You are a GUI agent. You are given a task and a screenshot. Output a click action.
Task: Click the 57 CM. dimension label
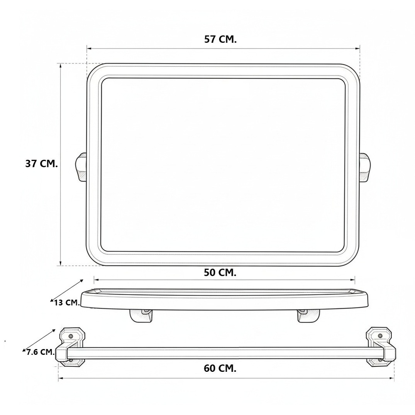pyautogui.click(x=220, y=39)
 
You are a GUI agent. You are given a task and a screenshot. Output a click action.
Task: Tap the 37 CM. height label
pyautogui.click(x=41, y=164)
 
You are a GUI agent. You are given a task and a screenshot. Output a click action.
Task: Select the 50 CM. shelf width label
pyautogui.click(x=220, y=273)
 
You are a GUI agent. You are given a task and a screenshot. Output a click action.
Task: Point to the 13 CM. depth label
pyautogui.click(x=67, y=303)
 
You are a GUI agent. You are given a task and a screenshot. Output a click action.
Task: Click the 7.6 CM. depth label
pyautogui.click(x=40, y=352)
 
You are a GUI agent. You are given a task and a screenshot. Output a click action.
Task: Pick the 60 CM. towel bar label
pyautogui.click(x=220, y=368)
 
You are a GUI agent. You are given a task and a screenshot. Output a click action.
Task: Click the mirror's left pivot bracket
pyautogui.click(x=81, y=167)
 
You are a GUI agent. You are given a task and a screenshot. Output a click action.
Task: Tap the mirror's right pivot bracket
pyautogui.click(x=365, y=167)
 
